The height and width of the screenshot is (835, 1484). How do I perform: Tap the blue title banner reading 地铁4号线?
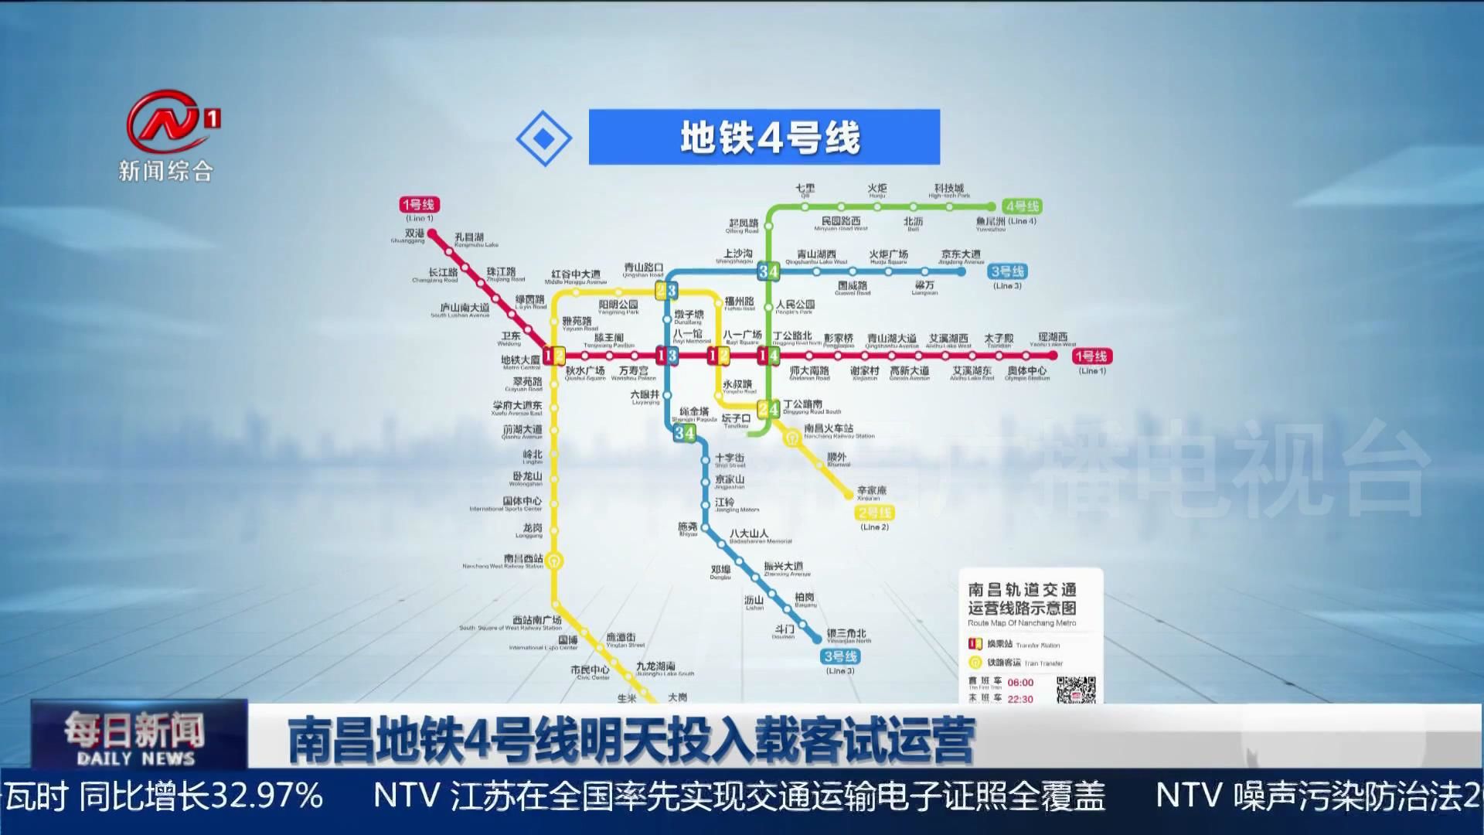click(764, 137)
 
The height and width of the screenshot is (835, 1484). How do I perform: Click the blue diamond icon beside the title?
click(544, 138)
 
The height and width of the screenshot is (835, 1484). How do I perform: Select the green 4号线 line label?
click(1021, 206)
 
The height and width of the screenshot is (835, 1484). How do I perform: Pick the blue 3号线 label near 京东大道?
click(1007, 271)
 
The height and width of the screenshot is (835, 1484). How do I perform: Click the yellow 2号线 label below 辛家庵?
click(874, 513)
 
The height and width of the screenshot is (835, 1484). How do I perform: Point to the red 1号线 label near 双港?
click(419, 204)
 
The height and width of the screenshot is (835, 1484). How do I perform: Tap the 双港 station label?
click(414, 233)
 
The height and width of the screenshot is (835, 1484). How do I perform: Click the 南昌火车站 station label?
click(829, 428)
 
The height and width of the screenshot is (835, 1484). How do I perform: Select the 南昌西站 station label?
click(522, 558)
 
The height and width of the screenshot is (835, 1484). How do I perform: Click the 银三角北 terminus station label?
click(846, 634)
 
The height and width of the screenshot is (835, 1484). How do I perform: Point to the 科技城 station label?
click(948, 189)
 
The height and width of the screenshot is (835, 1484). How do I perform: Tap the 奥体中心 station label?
click(1026, 371)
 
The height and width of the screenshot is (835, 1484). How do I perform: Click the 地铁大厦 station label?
click(520, 360)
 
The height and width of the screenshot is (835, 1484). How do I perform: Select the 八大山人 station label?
click(748, 533)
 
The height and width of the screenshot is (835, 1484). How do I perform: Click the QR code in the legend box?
click(1075, 690)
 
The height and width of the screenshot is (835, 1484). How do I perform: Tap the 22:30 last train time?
click(1020, 699)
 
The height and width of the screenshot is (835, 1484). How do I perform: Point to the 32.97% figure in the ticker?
click(267, 796)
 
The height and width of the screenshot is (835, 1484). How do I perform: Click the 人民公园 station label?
click(795, 305)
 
